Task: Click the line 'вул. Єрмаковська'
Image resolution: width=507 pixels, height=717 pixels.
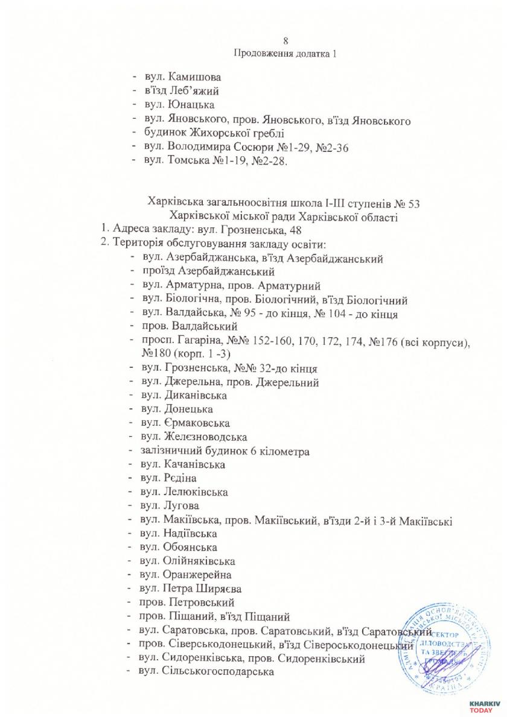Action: coord(187,423)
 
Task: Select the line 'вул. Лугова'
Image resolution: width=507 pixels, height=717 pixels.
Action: coord(174,505)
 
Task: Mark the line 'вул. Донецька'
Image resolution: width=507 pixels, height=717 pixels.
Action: coord(176,409)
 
